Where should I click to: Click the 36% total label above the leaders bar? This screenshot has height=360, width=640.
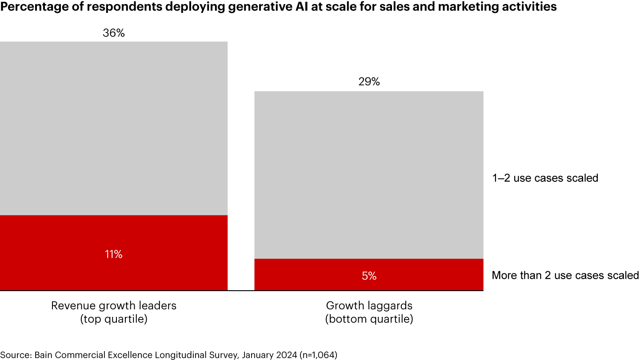point(114,33)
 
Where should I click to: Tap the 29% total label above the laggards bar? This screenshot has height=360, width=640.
point(369,82)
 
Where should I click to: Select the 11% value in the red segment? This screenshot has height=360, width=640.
point(114,254)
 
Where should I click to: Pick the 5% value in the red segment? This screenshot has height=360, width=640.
point(369,276)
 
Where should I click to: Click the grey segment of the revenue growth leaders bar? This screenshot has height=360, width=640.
point(114,129)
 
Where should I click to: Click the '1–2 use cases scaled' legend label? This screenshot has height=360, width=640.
point(545,178)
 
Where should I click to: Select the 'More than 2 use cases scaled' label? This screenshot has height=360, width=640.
point(565,276)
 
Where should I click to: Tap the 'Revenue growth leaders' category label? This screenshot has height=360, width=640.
point(114,306)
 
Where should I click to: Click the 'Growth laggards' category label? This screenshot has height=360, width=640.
point(369,306)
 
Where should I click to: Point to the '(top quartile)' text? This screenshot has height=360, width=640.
point(114,319)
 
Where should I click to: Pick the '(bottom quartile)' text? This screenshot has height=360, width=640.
point(369,319)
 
